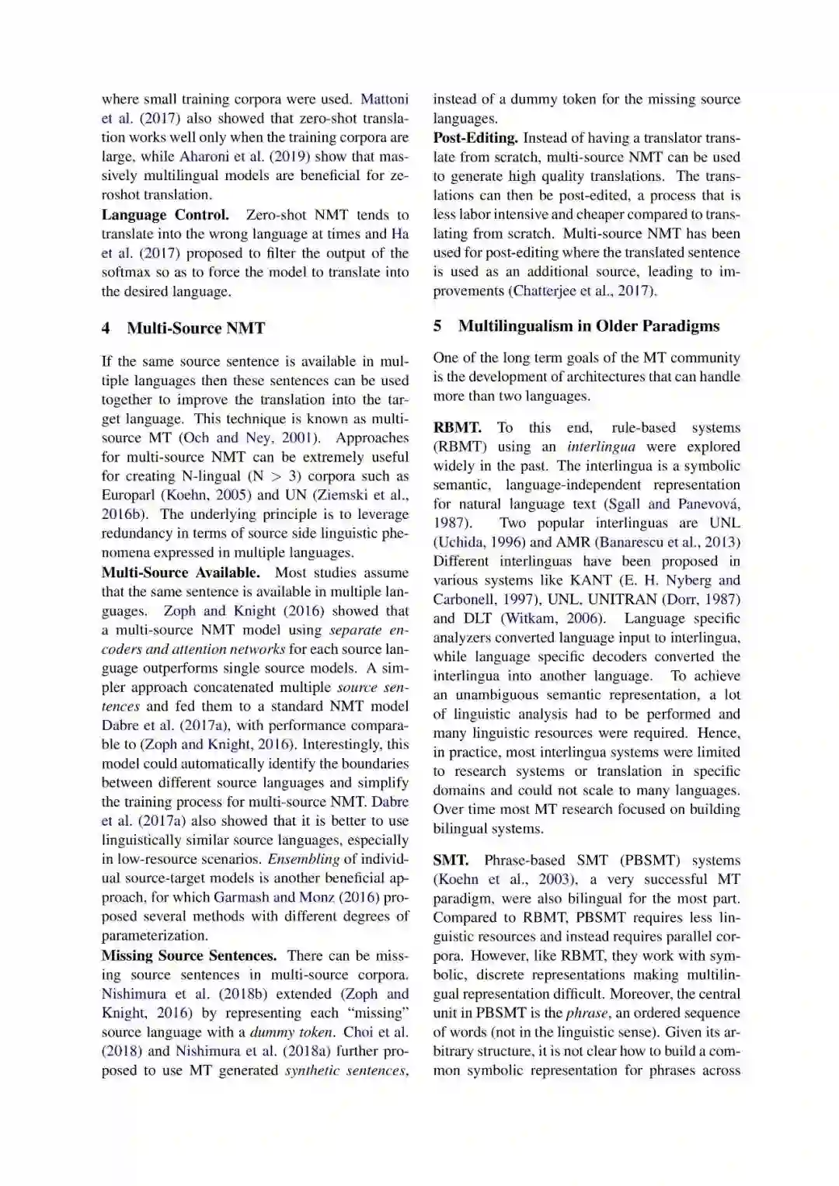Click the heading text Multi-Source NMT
click(x=196, y=329)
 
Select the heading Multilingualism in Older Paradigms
click(x=589, y=326)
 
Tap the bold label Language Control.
click(x=165, y=215)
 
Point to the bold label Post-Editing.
click(x=475, y=138)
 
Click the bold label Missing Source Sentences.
click(x=189, y=956)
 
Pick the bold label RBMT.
click(x=457, y=428)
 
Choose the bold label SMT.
click(x=451, y=861)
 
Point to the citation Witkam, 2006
click(x=552, y=619)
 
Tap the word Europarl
click(x=128, y=496)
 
